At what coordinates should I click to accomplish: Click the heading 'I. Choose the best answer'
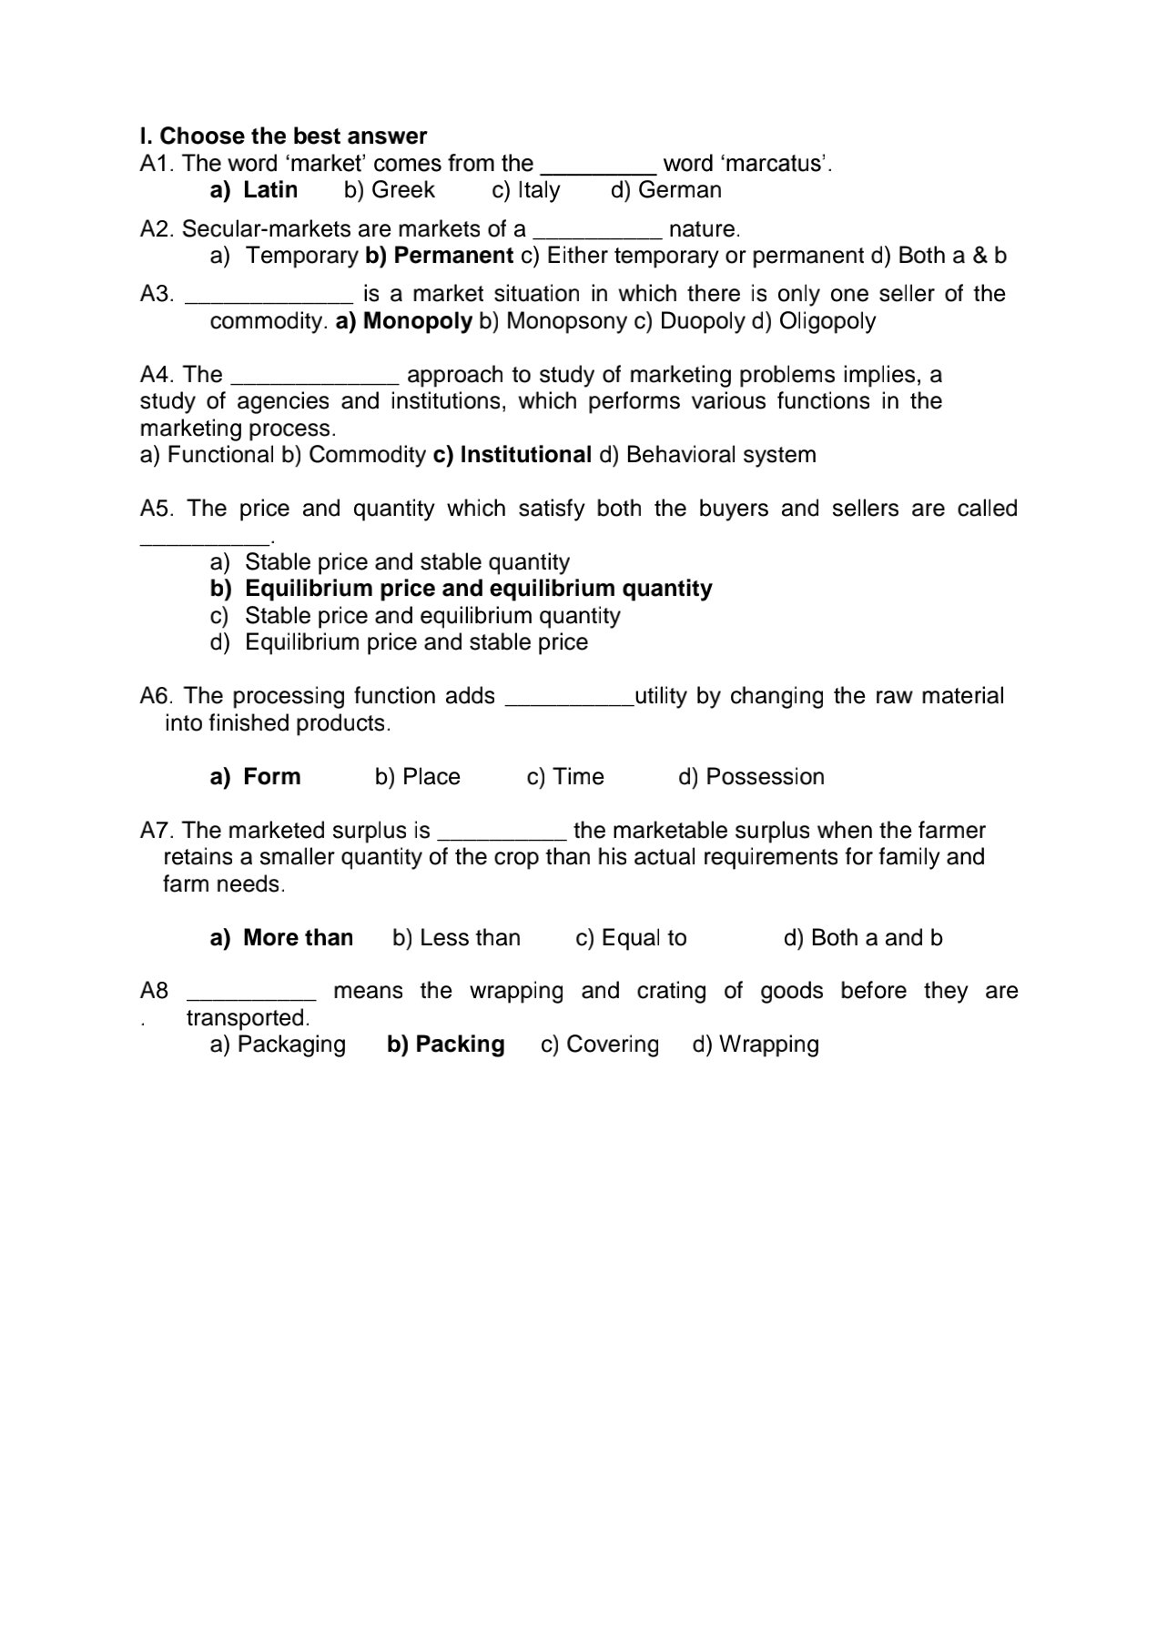[x=283, y=136]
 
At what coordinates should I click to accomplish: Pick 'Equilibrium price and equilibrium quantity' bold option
[x=478, y=589]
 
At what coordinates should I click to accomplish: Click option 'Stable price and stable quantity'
[x=407, y=562]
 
